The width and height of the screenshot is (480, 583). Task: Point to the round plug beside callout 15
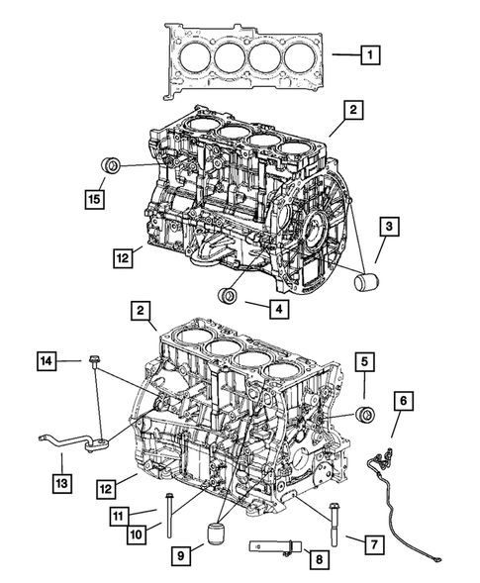112,165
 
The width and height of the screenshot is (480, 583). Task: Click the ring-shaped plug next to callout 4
230,296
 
